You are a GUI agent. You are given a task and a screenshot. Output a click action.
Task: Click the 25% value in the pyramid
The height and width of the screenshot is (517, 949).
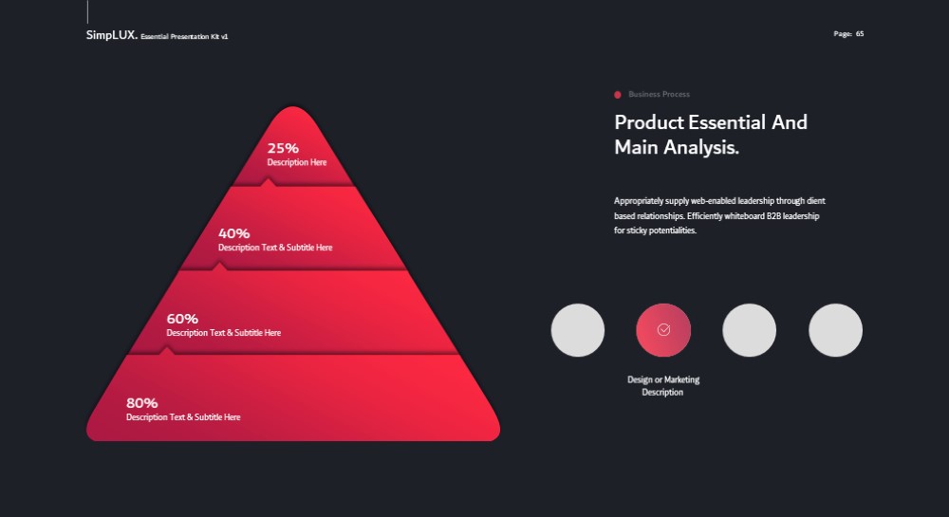point(283,148)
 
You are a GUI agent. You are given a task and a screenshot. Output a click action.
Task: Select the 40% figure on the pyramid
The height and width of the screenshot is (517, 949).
point(233,233)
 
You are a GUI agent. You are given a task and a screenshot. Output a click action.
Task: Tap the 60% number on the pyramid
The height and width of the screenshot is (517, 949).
point(182,319)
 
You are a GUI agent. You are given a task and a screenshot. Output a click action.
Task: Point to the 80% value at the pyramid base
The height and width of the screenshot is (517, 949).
point(141,403)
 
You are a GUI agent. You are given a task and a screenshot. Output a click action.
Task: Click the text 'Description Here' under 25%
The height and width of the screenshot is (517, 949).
point(296,162)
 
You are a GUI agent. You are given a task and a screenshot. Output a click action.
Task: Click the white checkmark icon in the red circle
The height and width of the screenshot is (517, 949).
point(663,329)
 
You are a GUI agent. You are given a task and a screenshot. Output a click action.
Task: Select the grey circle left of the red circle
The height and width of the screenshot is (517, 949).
point(577,330)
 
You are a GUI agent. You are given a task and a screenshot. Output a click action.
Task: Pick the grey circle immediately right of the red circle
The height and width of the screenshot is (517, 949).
point(750,330)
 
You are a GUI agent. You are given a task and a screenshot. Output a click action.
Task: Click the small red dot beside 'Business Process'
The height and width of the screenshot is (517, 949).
point(618,94)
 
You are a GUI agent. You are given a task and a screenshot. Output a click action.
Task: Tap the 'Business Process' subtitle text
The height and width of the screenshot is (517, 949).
point(660,94)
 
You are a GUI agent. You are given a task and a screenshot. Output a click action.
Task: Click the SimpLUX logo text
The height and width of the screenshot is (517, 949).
point(111,35)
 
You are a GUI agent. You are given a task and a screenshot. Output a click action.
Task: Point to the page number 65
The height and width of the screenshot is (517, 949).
point(860,34)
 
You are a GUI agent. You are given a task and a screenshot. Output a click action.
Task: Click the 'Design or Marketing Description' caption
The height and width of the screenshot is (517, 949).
point(663,386)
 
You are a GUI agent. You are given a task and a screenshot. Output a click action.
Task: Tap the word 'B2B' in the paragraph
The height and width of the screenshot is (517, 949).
point(773,216)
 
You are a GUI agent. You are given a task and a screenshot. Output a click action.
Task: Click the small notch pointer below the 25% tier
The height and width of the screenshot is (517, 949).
point(268,182)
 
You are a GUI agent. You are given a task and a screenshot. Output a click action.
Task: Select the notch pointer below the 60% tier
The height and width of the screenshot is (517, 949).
point(166,351)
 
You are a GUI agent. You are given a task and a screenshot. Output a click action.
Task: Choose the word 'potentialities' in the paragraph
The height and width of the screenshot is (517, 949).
point(672,231)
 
